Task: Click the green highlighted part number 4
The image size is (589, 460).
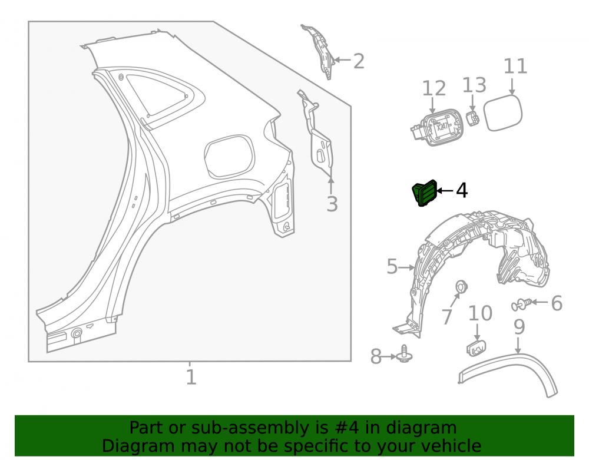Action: tap(425, 193)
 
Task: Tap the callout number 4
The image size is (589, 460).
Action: tap(462, 190)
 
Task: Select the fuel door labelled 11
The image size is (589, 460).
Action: tap(502, 112)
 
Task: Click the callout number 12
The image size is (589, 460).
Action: tap(434, 88)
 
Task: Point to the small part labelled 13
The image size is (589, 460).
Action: tap(473, 118)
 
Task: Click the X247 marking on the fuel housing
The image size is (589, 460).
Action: tap(442, 127)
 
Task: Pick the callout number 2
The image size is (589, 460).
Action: tap(359, 61)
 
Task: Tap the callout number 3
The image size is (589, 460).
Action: tap(332, 204)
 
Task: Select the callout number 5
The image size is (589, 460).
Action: tap(392, 266)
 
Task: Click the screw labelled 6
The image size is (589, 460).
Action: tap(522, 304)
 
